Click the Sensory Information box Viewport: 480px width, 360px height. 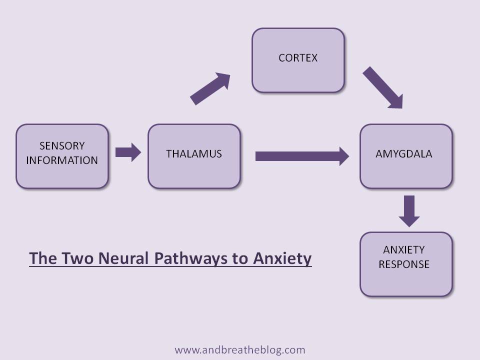[62, 156]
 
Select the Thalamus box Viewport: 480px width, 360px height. [194, 156]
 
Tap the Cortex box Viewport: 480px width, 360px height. [298, 60]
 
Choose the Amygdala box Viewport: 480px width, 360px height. [406, 156]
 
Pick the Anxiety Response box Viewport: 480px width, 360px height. [406, 264]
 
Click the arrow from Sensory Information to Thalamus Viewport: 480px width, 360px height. [128, 152]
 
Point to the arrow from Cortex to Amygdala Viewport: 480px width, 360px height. [382, 87]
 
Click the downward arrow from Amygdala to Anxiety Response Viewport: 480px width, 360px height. [409, 210]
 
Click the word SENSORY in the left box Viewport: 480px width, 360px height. [62, 146]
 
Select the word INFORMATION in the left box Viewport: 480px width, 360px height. [62, 160]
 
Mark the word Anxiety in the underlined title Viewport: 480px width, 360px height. [282, 258]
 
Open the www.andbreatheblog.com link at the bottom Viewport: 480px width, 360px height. [240, 350]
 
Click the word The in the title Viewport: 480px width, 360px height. [42, 258]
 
